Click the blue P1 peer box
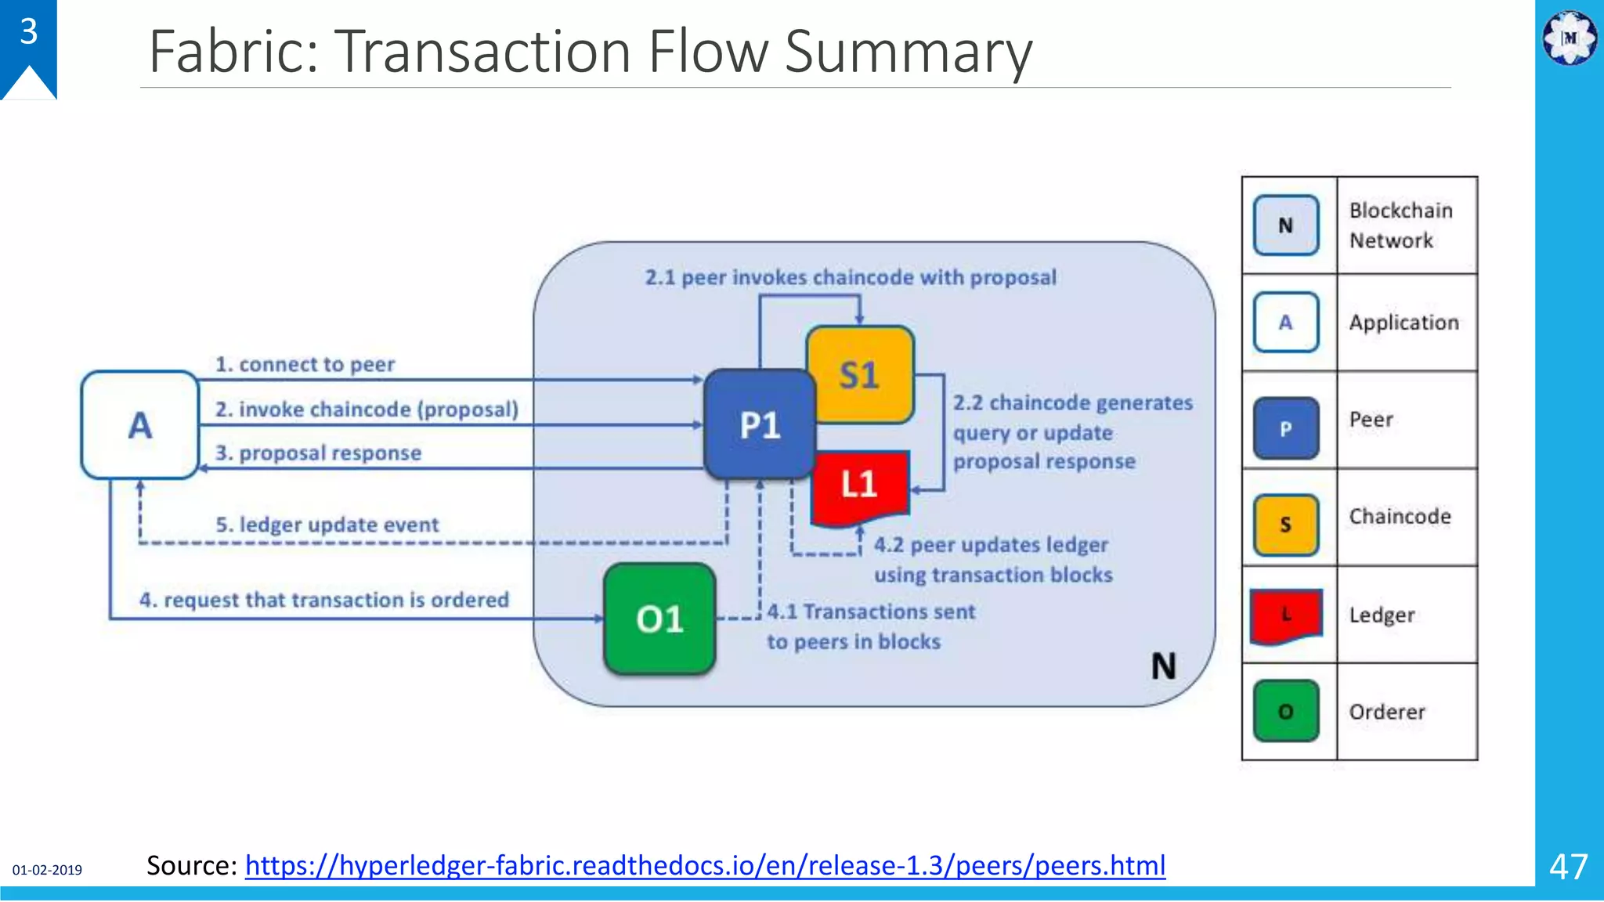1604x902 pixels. (759, 425)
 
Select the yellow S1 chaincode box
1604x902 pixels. (860, 375)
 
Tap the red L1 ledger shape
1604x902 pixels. (860, 485)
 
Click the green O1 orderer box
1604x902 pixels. (659, 619)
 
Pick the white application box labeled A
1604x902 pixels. (140, 425)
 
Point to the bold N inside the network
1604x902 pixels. (1163, 666)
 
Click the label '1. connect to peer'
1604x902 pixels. (305, 365)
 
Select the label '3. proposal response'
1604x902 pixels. (318, 453)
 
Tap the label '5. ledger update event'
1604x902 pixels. (327, 525)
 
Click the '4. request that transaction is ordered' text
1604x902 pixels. (324, 600)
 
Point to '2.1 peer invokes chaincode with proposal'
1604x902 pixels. (851, 277)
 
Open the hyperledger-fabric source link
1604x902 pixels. (705, 865)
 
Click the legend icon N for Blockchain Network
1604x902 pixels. (1286, 225)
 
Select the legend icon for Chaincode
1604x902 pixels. (1286, 525)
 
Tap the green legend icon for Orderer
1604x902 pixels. (1286, 711)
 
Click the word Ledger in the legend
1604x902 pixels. (1382, 615)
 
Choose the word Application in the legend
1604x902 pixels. (1403, 323)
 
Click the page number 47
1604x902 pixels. (1568, 867)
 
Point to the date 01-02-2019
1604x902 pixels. (47, 870)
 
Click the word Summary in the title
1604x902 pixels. (909, 52)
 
